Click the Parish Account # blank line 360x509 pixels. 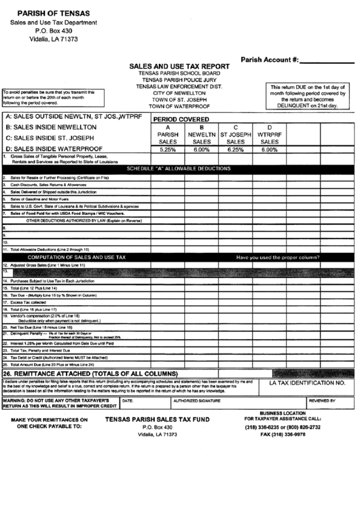[x=329, y=61]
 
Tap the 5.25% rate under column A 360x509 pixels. [x=167, y=150]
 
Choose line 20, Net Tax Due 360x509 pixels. [x=40, y=326]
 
